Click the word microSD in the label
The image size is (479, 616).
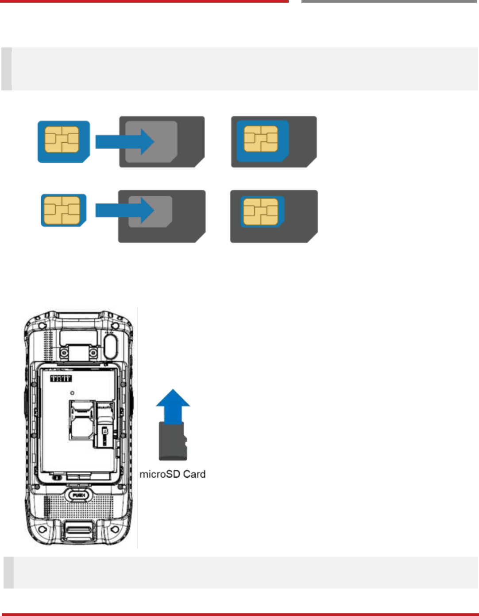point(160,474)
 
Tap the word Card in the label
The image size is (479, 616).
point(194,474)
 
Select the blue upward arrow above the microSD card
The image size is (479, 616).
point(173,404)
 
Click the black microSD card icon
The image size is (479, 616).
point(173,441)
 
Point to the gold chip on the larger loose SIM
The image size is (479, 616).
point(62,140)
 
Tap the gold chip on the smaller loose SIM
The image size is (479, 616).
point(62,210)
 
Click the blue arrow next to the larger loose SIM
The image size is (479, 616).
point(124,142)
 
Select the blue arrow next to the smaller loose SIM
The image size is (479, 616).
point(124,211)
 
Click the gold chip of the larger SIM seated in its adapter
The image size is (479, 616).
point(261,139)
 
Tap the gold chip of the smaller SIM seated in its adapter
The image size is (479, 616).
point(261,212)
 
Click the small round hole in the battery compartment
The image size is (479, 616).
point(72,393)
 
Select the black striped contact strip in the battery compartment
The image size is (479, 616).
point(61,378)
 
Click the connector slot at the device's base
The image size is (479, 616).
point(79,530)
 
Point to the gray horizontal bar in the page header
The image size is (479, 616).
point(389,1)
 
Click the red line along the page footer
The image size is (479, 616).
point(239,614)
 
